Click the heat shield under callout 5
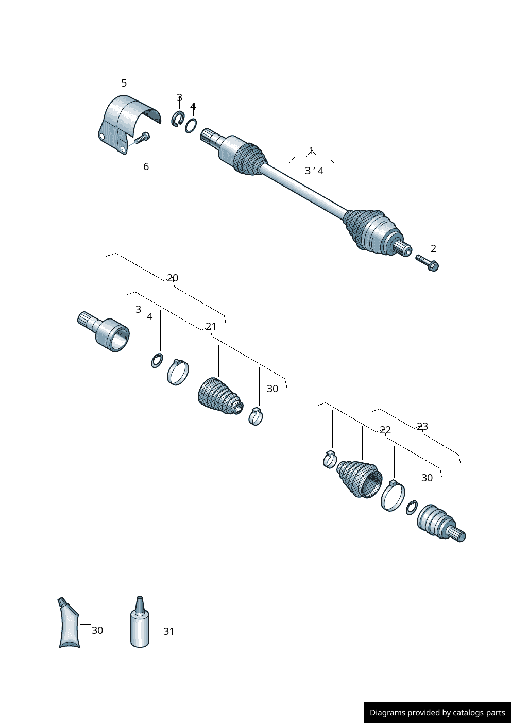pyautogui.click(x=126, y=121)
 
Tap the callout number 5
pyautogui.click(x=124, y=83)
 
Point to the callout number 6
pyautogui.click(x=146, y=166)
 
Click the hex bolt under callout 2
pyautogui.click(x=427, y=263)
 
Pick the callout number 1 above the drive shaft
pyautogui.click(x=311, y=150)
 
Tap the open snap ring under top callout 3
pyautogui.click(x=178, y=119)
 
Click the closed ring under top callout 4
pyautogui.click(x=191, y=125)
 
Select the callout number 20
pyautogui.click(x=173, y=278)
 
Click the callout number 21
pyautogui.click(x=211, y=326)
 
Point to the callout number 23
pyautogui.click(x=422, y=426)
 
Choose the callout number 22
pyautogui.click(x=385, y=430)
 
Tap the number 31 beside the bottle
pyautogui.click(x=168, y=631)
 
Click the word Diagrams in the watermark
pyautogui.click(x=387, y=713)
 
